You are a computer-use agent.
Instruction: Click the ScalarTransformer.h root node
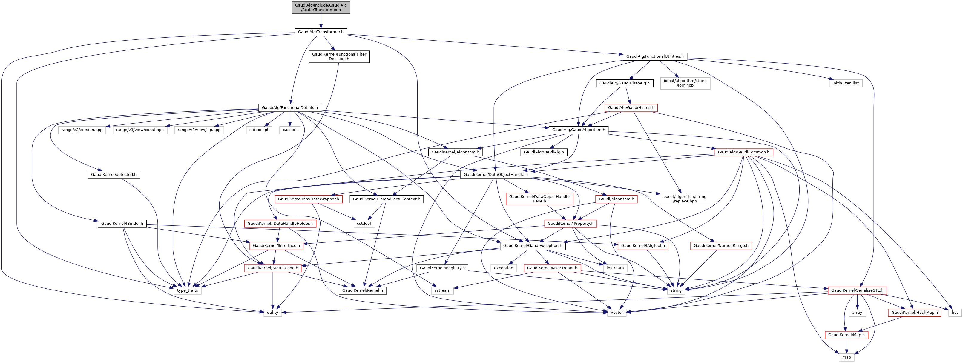tap(321, 7)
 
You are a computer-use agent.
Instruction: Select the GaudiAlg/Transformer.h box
tap(321, 32)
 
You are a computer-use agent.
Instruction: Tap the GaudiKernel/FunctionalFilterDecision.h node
tap(339, 56)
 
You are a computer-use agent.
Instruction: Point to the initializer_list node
tap(845, 83)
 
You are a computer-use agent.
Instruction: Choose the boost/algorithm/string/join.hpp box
tap(685, 83)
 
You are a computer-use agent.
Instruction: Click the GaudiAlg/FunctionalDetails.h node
tap(290, 108)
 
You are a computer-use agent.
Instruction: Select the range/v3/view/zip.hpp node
tap(199, 130)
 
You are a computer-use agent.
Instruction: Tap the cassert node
tap(290, 130)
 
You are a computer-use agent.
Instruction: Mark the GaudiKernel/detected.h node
tap(114, 175)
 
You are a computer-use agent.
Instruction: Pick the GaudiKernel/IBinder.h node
tap(122, 224)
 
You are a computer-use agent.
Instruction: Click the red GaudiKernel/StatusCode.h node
tap(272, 268)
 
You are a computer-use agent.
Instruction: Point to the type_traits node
tap(187, 290)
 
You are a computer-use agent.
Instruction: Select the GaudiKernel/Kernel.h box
tap(362, 290)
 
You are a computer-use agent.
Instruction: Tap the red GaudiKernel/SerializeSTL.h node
tap(857, 290)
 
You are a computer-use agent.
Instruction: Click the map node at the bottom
tap(847, 357)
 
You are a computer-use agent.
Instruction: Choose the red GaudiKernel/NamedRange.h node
tap(721, 246)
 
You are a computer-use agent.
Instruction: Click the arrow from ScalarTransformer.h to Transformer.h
tap(321, 21)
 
